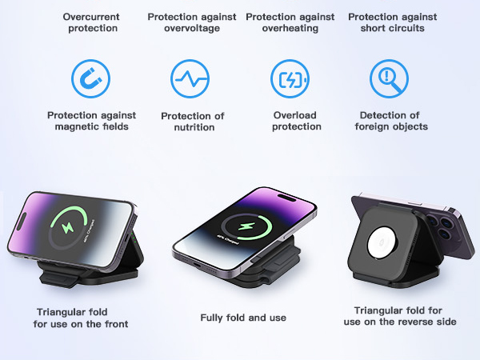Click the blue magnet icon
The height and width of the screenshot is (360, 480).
click(x=91, y=78)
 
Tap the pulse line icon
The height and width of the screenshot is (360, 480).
click(x=190, y=78)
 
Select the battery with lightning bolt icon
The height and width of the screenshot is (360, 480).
click(x=290, y=78)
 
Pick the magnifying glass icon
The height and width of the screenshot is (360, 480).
click(x=389, y=78)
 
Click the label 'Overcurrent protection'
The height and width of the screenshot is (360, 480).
click(x=91, y=22)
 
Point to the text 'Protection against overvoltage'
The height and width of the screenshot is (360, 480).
click(x=192, y=22)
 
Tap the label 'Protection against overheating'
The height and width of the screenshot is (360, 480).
click(x=290, y=22)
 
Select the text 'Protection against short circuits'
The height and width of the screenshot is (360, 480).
click(x=393, y=22)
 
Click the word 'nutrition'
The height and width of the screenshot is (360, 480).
click(x=194, y=127)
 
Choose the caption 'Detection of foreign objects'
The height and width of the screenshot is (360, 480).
click(x=391, y=121)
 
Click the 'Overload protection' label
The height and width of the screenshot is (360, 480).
click(x=296, y=121)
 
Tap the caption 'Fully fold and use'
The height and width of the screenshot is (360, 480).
click(x=243, y=318)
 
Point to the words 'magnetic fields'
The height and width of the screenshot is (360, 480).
click(x=91, y=126)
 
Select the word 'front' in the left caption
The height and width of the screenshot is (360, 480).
click(x=116, y=324)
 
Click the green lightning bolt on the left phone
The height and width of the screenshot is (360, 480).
click(x=68, y=227)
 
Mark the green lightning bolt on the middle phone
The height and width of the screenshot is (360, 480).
click(x=246, y=226)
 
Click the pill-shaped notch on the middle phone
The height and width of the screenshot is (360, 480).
click(x=286, y=198)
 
